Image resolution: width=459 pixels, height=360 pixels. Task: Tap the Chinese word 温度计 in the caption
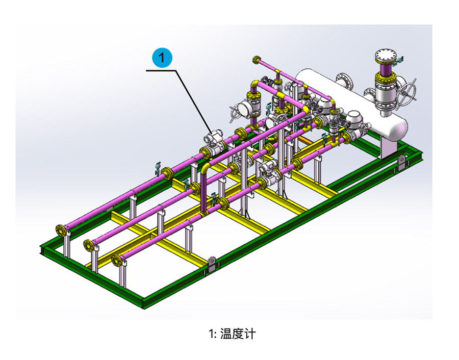[238, 334]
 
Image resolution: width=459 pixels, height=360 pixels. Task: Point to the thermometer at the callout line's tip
[213, 139]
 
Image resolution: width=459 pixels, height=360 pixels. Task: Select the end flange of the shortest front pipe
[117, 261]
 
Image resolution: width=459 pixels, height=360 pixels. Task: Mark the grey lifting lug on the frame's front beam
[211, 265]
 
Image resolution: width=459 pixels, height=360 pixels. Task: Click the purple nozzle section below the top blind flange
[385, 67]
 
